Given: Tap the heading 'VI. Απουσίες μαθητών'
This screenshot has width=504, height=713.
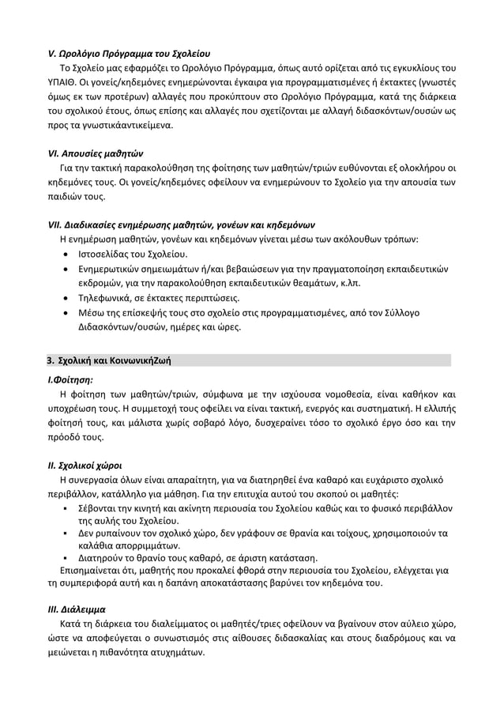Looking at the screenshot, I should click(96, 153).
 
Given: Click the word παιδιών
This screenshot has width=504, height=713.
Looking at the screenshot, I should click(65, 197).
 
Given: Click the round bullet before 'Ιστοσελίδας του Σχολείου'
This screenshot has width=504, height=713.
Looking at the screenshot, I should click(64, 255).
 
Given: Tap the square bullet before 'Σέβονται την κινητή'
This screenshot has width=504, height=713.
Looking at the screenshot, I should click(64, 509).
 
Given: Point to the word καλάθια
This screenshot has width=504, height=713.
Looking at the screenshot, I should click(94, 546).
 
